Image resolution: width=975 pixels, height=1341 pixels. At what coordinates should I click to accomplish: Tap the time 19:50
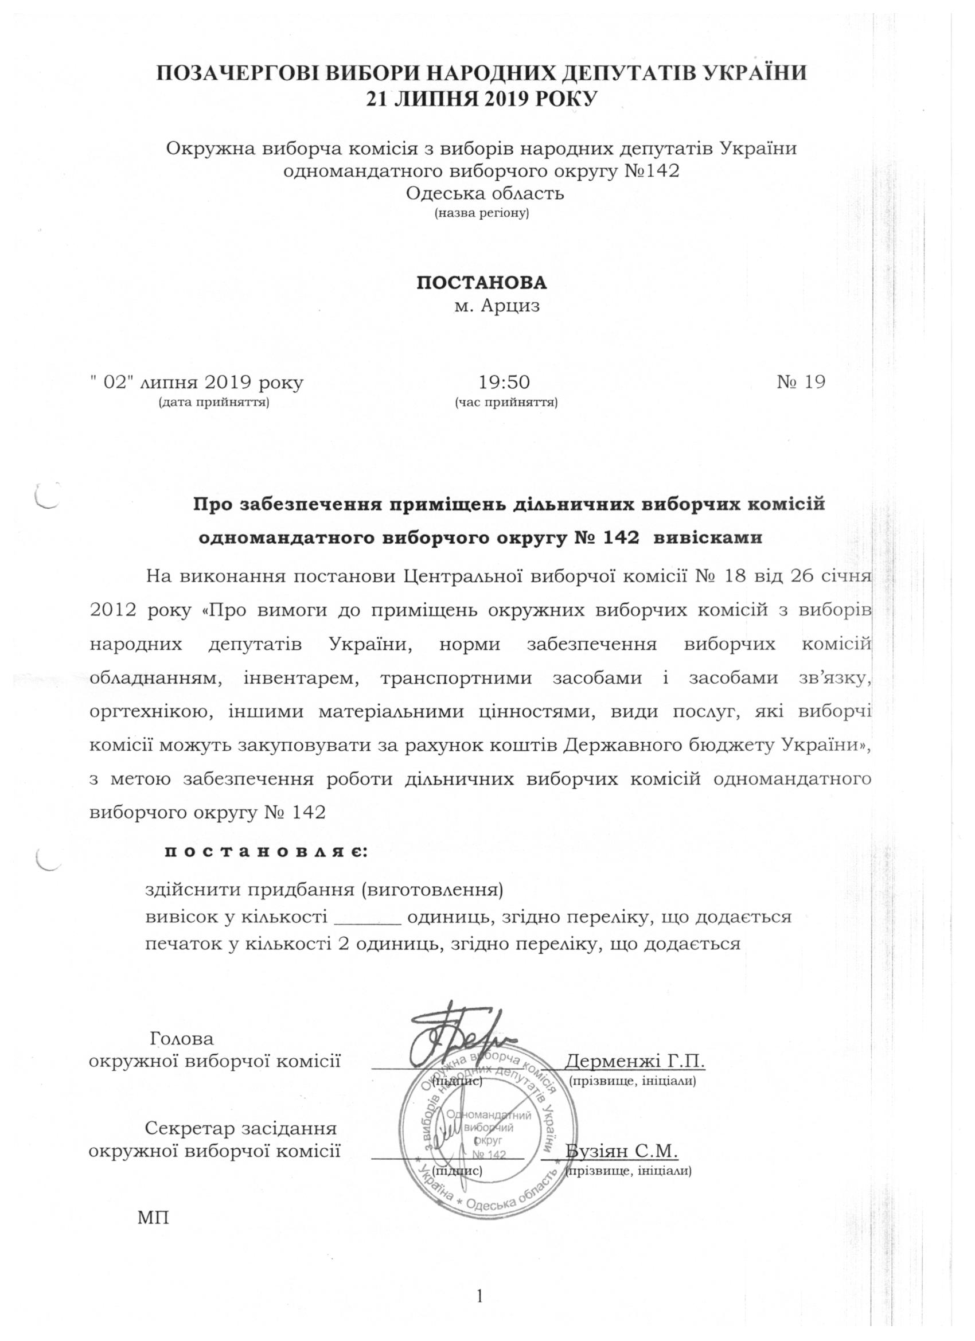(504, 383)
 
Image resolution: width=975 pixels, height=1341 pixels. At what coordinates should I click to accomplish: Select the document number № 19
(801, 383)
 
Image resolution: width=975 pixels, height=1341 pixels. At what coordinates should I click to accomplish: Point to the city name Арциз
(511, 306)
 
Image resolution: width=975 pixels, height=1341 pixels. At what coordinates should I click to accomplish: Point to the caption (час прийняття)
(506, 403)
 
